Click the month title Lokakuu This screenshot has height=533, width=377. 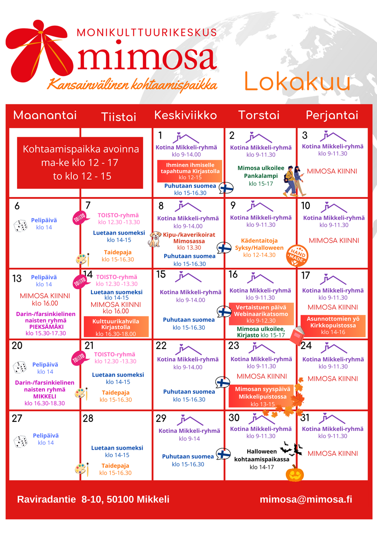click(297, 81)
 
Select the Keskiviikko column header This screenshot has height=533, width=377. click(185, 115)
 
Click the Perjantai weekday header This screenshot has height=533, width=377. click(332, 115)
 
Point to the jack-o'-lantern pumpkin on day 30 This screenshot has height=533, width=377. click(294, 473)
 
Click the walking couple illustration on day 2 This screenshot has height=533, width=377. click(294, 181)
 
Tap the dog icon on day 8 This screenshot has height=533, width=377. click(155, 239)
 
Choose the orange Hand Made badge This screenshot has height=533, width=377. click(297, 255)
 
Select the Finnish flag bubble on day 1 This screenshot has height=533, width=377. click(227, 188)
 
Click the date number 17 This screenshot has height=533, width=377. click(305, 276)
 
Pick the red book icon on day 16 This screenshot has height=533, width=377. click(297, 335)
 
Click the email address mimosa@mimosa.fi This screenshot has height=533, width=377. click(306, 499)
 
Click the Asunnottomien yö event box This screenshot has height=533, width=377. click(333, 325)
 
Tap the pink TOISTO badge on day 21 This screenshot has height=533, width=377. click(79, 358)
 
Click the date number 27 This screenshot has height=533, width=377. click(17, 418)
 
